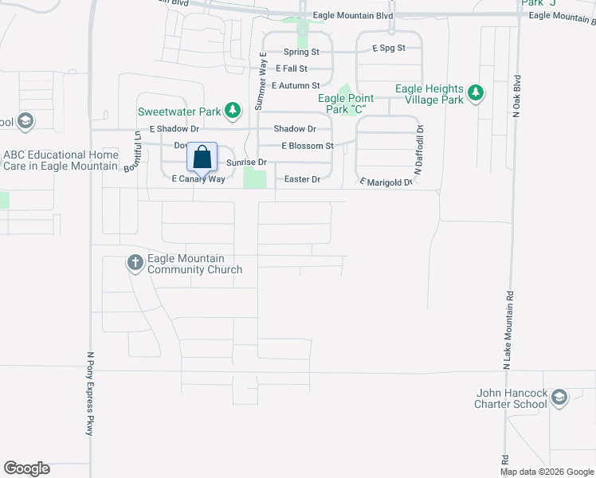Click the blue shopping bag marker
202,157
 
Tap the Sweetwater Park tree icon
232,111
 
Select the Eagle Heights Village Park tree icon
476,93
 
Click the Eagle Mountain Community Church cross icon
135,263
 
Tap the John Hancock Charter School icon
559,398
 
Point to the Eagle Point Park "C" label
346,104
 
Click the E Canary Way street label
198,179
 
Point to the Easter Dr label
303,179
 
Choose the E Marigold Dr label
386,182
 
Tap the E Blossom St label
307,146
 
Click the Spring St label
301,52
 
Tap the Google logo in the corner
26,468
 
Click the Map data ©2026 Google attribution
547,472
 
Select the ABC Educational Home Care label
61,160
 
